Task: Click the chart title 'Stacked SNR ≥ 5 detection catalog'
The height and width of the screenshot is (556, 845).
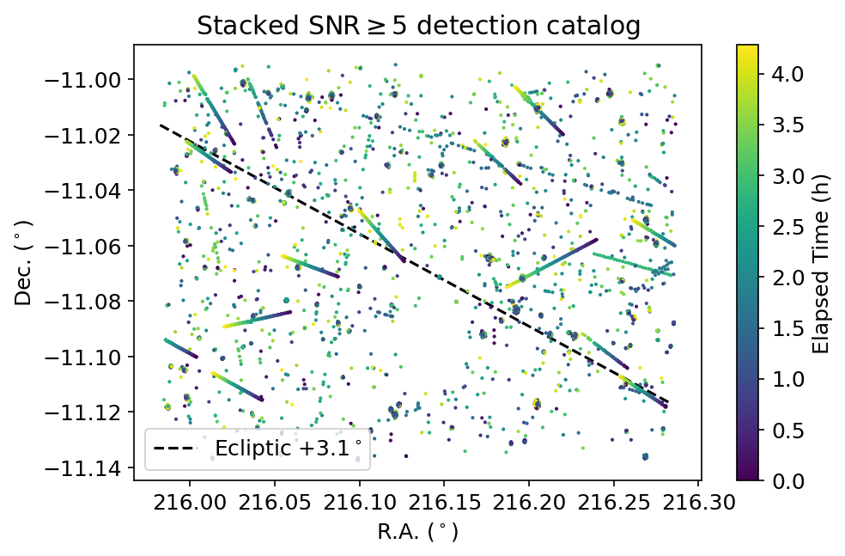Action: pyautogui.click(x=418, y=26)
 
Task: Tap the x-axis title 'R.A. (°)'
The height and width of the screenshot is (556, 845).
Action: pyautogui.click(x=418, y=533)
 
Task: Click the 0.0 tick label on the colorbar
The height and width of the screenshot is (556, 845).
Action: pyautogui.click(x=777, y=480)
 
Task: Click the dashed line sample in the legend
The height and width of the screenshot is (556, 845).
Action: pyautogui.click(x=174, y=449)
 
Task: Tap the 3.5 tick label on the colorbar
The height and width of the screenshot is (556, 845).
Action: pyautogui.click(x=777, y=125)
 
